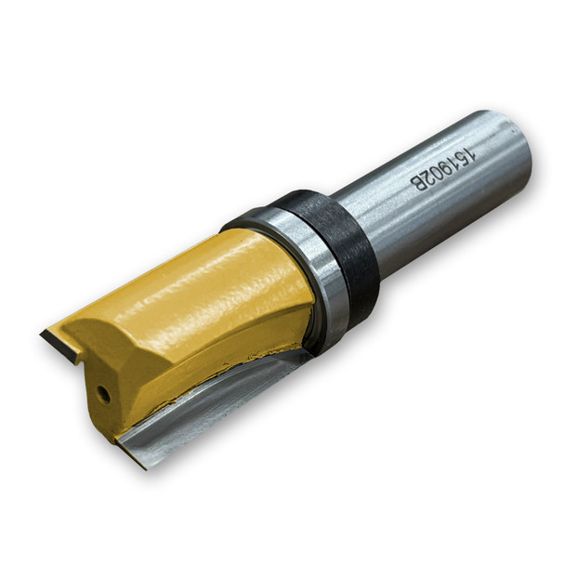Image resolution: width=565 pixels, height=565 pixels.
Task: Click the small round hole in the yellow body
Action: point(104,394)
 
